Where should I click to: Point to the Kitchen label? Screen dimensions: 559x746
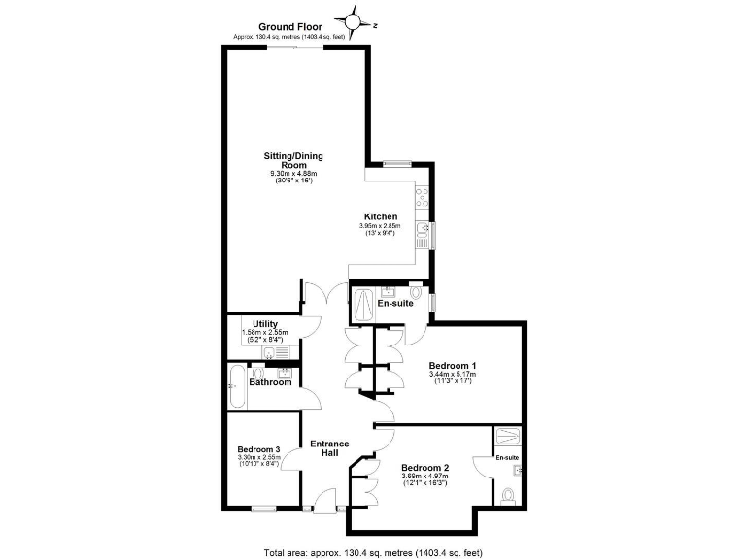pyautogui.click(x=380, y=216)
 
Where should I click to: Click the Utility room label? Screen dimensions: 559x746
pyautogui.click(x=265, y=324)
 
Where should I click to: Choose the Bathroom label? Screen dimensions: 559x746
pyautogui.click(x=270, y=382)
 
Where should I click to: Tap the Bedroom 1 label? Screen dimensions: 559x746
pyautogui.click(x=451, y=366)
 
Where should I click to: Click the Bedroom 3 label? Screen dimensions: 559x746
pyautogui.click(x=259, y=449)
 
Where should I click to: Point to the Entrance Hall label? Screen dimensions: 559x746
pyautogui.click(x=329, y=448)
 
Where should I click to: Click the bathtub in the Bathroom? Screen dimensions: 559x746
pyautogui.click(x=237, y=386)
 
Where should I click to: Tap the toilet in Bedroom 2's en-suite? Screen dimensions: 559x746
pyautogui.click(x=510, y=495)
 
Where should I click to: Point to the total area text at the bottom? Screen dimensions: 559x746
pyautogui.click(x=373, y=552)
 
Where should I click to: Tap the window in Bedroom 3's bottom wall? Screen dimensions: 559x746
pyautogui.click(x=262, y=508)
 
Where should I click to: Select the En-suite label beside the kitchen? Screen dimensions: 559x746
pyautogui.click(x=396, y=304)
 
